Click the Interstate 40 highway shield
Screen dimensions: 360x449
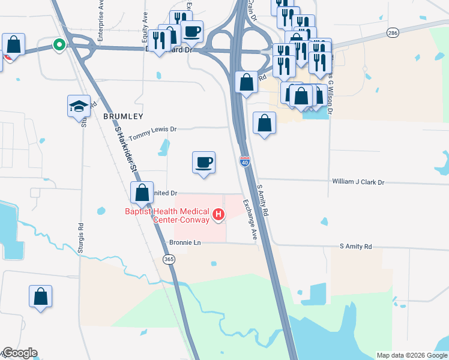pos(244,161)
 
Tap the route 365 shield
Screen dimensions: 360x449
pos(169,259)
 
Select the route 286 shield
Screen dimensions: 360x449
pos(393,32)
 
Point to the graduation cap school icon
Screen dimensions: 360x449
pos(79,106)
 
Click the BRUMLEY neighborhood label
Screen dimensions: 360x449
pos(123,116)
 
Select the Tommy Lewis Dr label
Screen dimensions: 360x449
pos(153,129)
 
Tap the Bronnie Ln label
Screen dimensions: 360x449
pos(188,243)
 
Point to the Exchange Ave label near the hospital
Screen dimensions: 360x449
pos(250,219)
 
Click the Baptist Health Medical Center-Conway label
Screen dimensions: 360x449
pos(167,215)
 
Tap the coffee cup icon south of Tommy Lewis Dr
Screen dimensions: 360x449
pos(203,161)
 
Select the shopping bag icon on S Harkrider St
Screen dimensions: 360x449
pos(142,193)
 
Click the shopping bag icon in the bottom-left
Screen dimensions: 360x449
pos(40,296)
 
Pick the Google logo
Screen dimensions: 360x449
pos(19,353)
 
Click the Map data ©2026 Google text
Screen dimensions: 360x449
pos(411,355)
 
